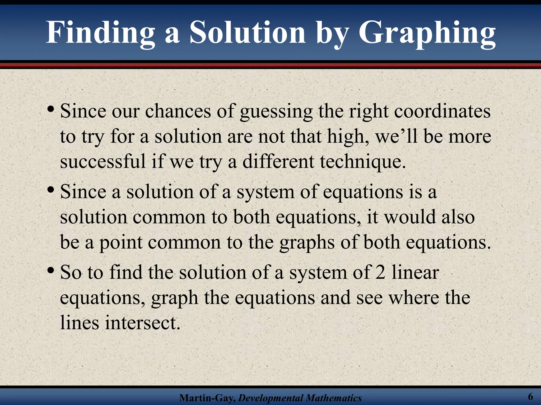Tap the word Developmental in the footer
(267, 398)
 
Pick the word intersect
(143, 323)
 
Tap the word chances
(178, 111)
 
